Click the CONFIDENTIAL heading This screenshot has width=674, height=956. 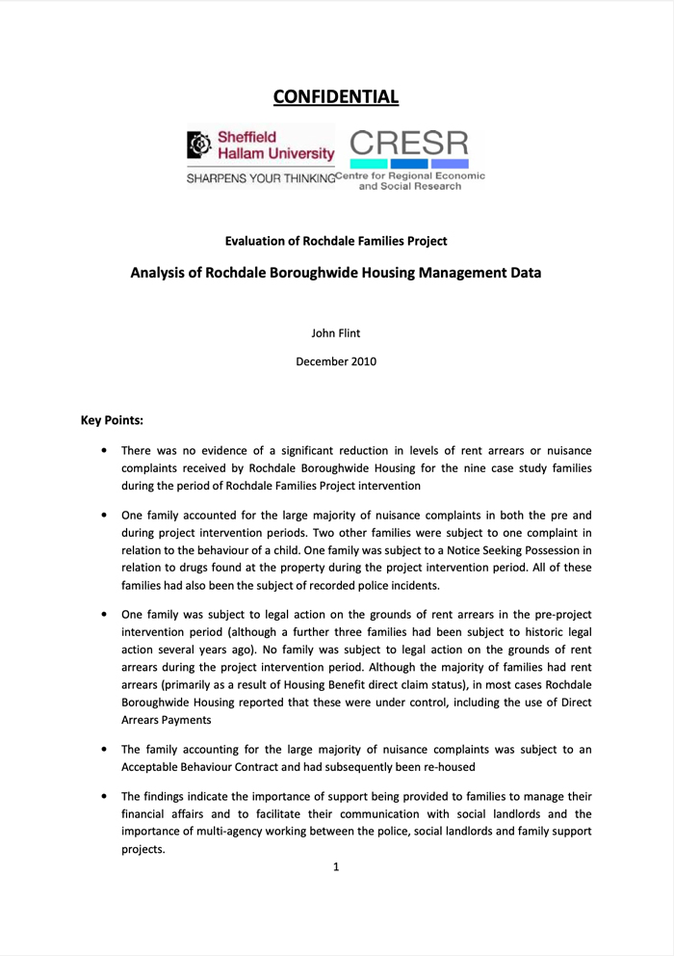coord(336,96)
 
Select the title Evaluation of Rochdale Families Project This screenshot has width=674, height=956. coord(336,240)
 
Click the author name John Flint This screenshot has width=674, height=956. coord(336,333)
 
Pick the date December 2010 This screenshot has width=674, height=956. coord(336,361)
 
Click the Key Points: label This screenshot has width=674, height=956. coord(113,421)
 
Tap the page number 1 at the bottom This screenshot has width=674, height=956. coord(336,866)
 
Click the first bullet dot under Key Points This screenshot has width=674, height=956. coord(104,451)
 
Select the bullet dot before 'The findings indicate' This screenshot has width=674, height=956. coord(104,797)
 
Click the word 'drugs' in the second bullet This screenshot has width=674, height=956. coord(194,567)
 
